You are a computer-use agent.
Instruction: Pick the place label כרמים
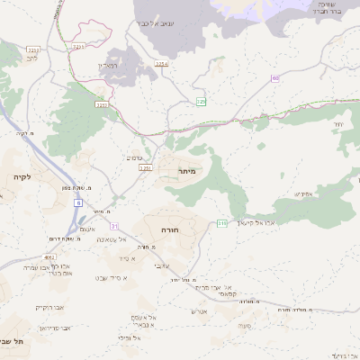click(133, 156)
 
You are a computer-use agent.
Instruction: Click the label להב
click(32, 57)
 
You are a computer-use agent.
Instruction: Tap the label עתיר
click(337, 123)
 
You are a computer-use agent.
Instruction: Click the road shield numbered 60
click(275, 79)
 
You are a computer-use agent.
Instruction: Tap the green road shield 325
click(202, 103)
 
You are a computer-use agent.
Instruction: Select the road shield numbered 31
click(114, 225)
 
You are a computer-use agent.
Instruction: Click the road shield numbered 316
click(221, 222)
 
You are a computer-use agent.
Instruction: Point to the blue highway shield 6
click(77, 203)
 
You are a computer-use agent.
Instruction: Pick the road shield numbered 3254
click(162, 65)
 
